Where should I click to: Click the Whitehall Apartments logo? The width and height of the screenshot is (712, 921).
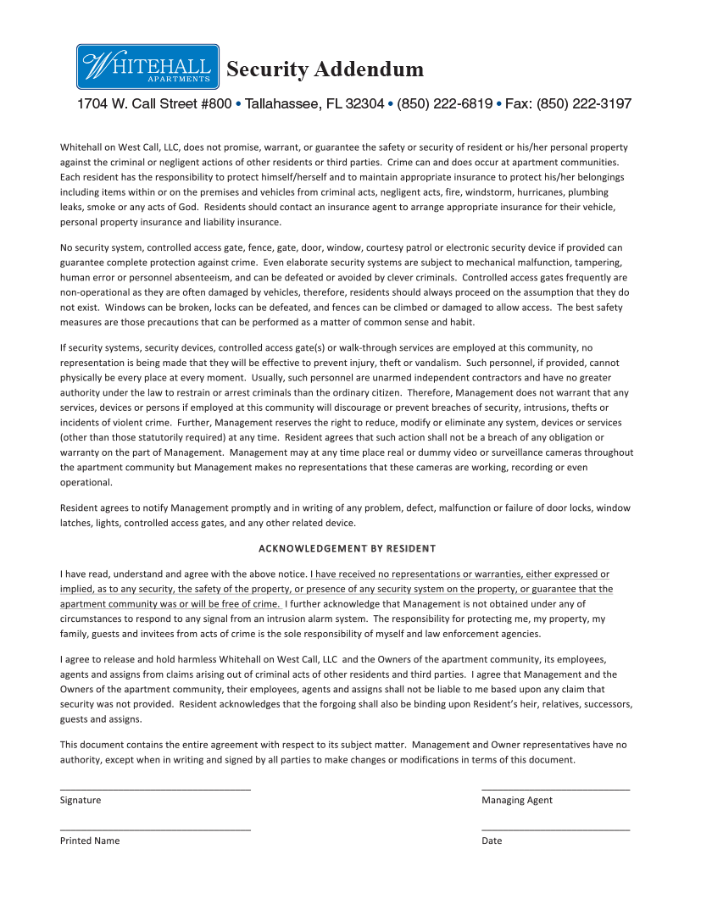[x=148, y=67]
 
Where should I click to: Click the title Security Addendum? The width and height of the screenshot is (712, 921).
[x=325, y=69]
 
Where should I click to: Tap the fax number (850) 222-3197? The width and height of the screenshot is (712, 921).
[x=584, y=104]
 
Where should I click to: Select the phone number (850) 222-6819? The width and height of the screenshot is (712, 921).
[x=444, y=104]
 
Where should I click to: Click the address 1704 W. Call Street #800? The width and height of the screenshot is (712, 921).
[x=153, y=104]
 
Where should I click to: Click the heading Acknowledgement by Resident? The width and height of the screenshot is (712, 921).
[x=347, y=548]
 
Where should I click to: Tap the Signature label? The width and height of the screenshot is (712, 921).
[x=80, y=800]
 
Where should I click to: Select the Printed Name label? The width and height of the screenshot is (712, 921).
[x=89, y=841]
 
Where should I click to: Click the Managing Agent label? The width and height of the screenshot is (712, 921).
[x=516, y=800]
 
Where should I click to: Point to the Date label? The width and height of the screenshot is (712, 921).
[x=492, y=841]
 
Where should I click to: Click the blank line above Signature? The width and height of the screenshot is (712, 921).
[x=155, y=790]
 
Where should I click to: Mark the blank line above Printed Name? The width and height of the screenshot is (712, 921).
[x=155, y=830]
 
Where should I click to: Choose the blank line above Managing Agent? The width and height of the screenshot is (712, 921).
[x=555, y=790]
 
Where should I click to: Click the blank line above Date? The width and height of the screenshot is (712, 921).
[x=555, y=830]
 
